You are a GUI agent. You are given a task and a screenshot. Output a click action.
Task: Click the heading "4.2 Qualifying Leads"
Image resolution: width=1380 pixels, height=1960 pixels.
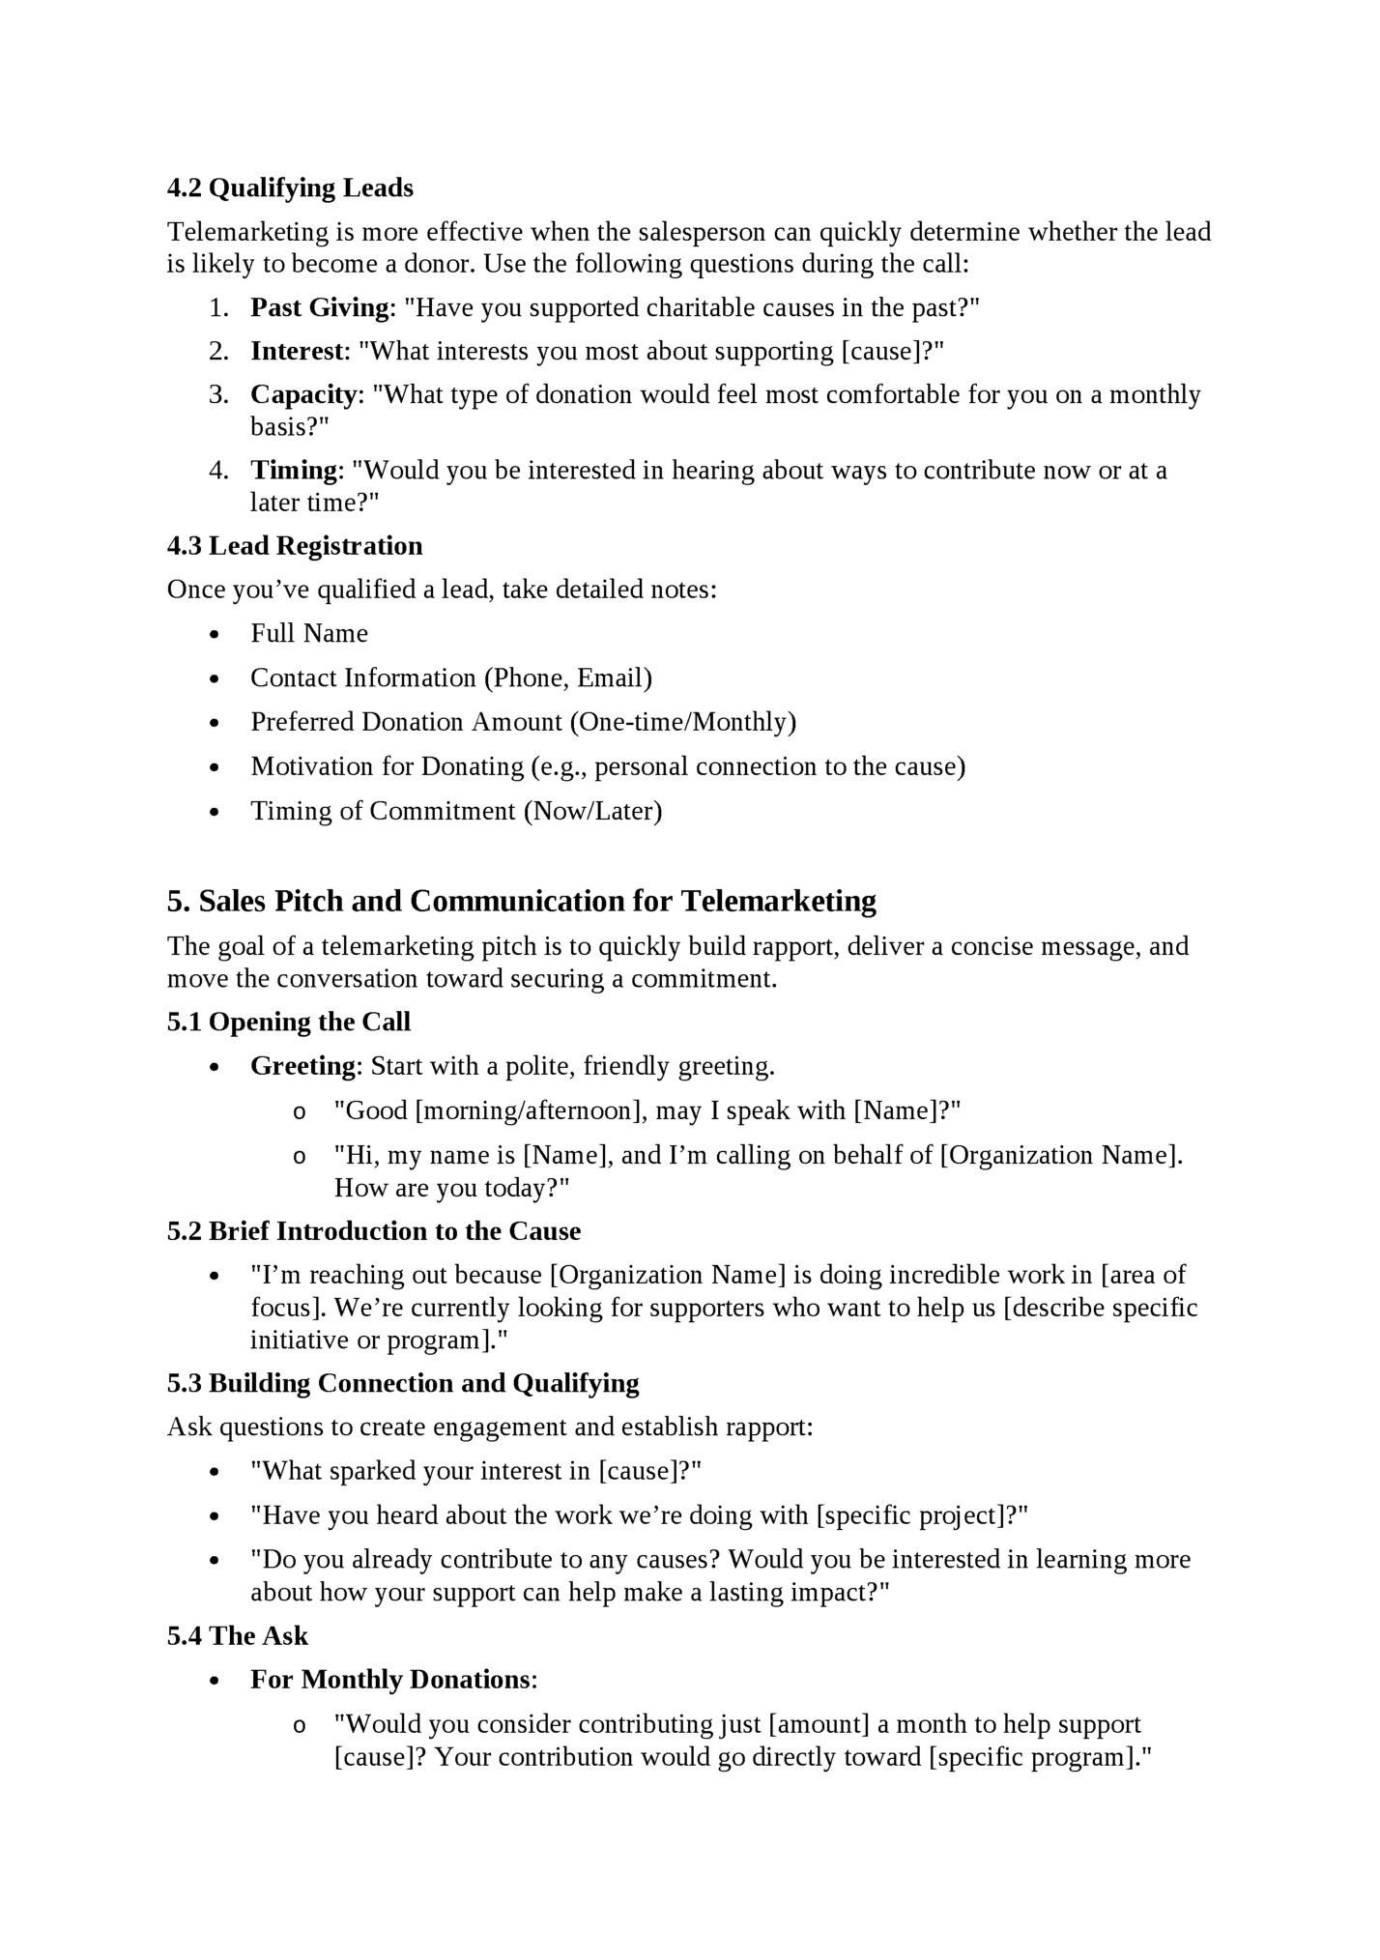(x=290, y=187)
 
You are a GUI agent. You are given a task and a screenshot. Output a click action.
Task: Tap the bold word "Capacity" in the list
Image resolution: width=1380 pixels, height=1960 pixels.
(x=303, y=394)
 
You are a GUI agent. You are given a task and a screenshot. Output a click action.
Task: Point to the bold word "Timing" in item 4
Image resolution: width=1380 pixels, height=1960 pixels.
(x=292, y=470)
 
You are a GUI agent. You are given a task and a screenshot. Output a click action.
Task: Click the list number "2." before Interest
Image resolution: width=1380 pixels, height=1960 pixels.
(x=218, y=351)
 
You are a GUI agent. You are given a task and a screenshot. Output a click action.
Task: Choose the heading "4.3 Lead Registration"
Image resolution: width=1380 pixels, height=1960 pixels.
(x=295, y=546)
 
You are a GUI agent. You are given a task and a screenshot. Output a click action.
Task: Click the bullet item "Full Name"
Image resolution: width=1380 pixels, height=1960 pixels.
(x=309, y=633)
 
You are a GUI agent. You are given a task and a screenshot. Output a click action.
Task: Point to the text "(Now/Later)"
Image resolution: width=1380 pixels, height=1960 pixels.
(x=592, y=811)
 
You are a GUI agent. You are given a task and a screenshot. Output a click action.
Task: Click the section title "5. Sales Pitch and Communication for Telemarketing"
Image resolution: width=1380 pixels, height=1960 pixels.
(x=522, y=901)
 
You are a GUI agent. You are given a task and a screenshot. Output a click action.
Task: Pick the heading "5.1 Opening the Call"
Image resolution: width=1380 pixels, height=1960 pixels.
(x=289, y=1022)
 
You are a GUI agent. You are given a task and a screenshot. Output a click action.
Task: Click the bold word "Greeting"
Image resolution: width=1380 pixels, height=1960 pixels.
(x=303, y=1066)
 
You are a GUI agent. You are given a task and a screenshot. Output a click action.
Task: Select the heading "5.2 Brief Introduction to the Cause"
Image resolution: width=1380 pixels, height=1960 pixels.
(x=374, y=1231)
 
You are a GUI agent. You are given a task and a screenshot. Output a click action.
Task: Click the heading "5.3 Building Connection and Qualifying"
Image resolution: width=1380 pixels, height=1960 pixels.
(x=403, y=1383)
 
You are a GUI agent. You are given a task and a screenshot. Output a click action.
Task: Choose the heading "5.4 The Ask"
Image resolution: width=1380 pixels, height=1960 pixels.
(x=238, y=1635)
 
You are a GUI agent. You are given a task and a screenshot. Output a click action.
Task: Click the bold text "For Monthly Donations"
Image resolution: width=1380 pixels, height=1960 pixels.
(x=390, y=1680)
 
